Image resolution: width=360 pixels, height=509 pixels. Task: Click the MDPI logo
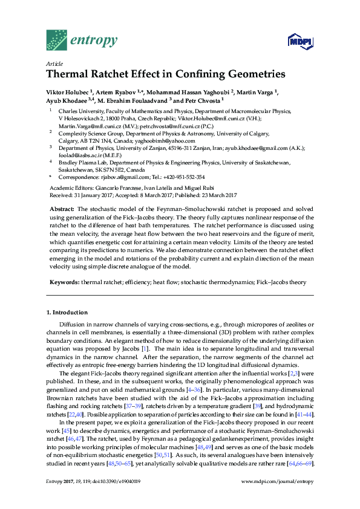299,41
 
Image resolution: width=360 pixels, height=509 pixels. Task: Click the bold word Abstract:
62,208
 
